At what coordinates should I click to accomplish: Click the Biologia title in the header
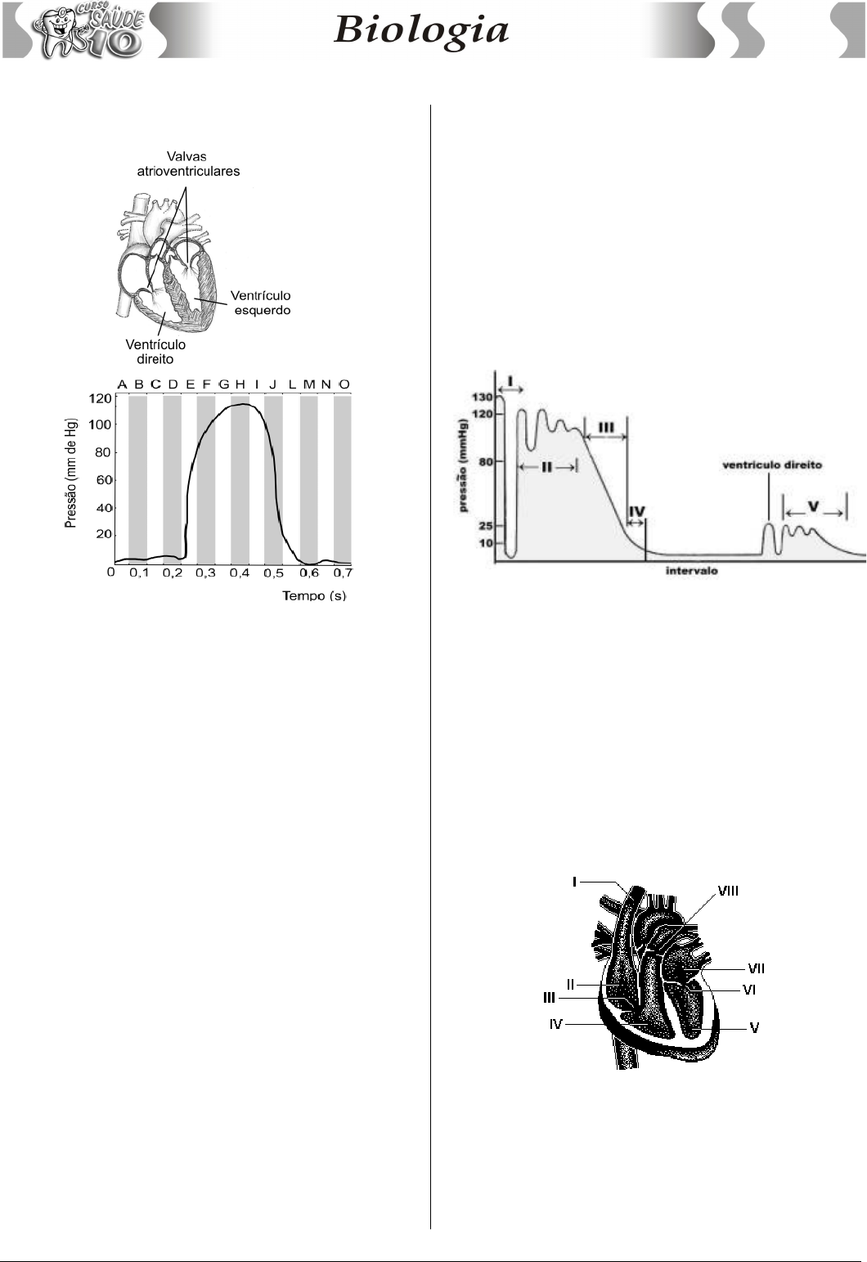pos(421,30)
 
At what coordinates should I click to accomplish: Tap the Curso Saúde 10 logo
pos(88,30)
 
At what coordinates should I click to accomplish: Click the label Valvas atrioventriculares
pos(188,164)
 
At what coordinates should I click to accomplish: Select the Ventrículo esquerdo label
pos(261,303)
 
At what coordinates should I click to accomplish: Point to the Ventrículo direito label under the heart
pos(155,352)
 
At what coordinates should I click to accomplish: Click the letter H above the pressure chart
pos(240,384)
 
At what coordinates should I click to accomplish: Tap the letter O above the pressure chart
pos(344,384)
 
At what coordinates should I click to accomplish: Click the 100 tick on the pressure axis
pos(101,424)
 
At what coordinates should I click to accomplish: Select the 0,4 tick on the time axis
pos(240,573)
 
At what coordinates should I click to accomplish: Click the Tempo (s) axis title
pos(314,596)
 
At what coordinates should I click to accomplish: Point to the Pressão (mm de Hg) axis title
pos(70,474)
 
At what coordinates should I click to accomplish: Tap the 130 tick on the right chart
pos(483,397)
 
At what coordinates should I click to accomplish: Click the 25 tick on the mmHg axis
pos(486,526)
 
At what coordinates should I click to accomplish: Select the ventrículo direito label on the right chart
pos(772,465)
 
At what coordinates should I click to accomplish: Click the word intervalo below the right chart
pos(692,571)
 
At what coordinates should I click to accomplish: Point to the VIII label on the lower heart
pos(728,891)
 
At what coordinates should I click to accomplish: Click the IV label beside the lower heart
pos(556,1024)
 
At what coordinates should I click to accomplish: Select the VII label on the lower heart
pos(756,968)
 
